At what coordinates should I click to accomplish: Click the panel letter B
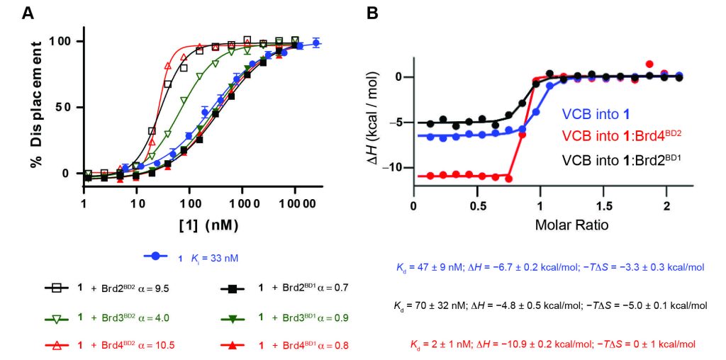pyautogui.click(x=372, y=13)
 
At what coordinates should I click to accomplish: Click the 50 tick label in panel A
pyautogui.click(x=65, y=108)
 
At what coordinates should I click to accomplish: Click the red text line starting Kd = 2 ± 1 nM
pyautogui.click(x=551, y=344)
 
